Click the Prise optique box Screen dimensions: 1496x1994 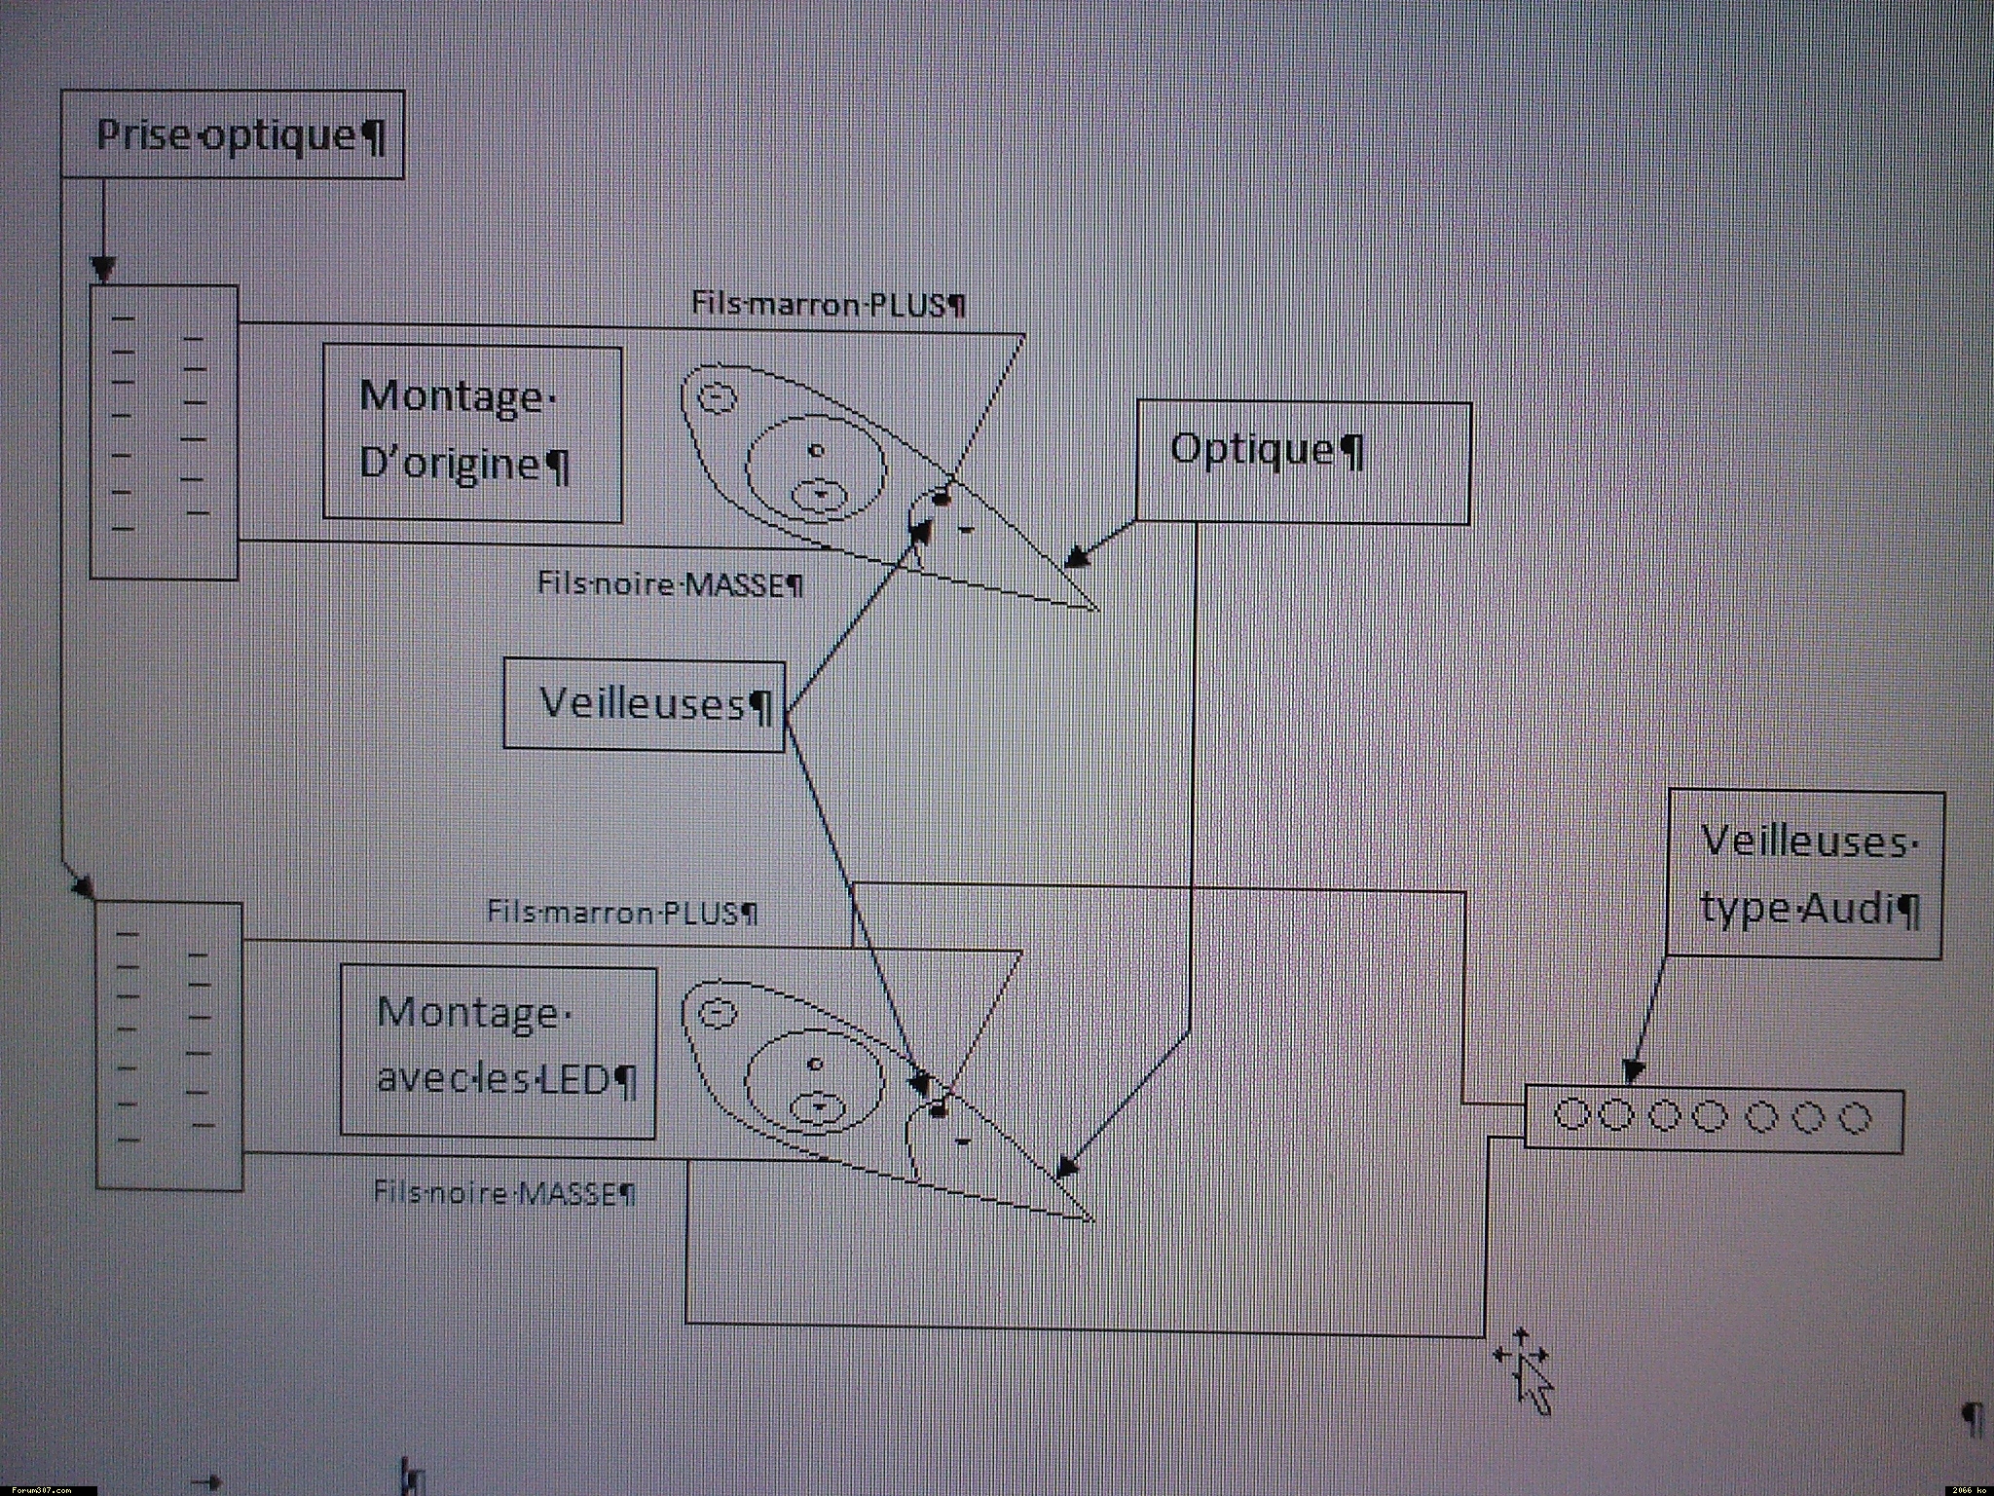click(233, 134)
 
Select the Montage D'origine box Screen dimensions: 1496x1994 click(472, 432)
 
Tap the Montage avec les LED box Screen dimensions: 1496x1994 click(498, 1052)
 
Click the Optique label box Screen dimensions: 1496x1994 click(1303, 463)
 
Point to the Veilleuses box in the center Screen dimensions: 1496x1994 click(644, 704)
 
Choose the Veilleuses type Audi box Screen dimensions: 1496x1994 click(1805, 874)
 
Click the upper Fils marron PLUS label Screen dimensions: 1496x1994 click(829, 304)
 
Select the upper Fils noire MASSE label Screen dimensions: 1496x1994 click(671, 584)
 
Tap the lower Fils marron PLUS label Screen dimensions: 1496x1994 click(622, 913)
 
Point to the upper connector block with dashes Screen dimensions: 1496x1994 click(164, 432)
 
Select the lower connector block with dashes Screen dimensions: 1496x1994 click(169, 1045)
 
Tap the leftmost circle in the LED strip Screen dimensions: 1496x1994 click(1569, 1114)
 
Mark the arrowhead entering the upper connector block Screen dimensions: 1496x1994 click(103, 270)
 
